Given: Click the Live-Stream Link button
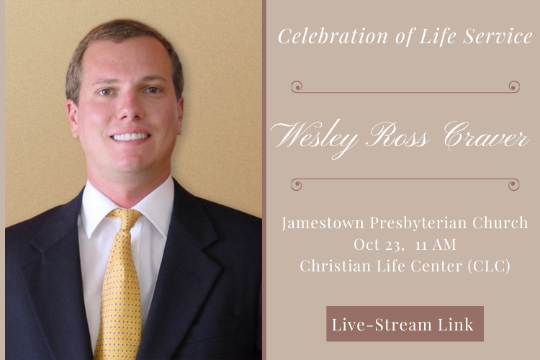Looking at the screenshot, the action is (x=405, y=323).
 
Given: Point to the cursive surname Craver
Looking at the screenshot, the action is (x=486, y=136).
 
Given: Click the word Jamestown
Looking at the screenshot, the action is (x=323, y=223).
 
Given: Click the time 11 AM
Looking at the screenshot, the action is (x=436, y=245).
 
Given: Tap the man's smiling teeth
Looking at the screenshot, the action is (x=130, y=137).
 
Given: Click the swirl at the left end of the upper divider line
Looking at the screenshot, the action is (x=297, y=86).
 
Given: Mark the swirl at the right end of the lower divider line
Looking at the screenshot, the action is (x=514, y=184).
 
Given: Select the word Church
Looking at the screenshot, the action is (x=500, y=223).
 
